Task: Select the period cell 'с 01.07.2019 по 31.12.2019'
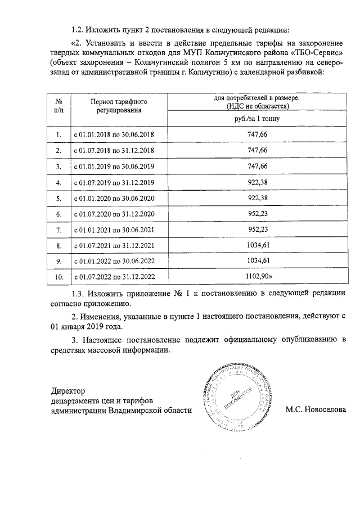114,183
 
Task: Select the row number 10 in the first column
58,277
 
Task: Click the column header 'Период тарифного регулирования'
114,106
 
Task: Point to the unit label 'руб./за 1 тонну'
257,119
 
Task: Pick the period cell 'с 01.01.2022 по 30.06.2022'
114,262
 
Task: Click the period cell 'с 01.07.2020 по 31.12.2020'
114,214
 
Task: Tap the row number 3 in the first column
58,167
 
